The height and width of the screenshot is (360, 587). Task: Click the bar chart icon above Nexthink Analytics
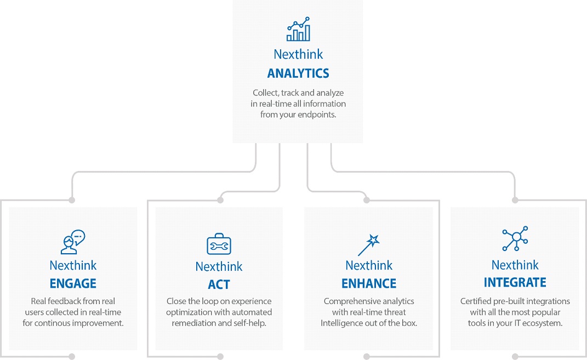(x=298, y=29)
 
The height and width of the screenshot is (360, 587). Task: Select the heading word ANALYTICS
(x=298, y=73)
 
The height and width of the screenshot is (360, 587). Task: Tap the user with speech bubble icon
(x=73, y=242)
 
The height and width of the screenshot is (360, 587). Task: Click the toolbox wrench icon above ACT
(x=219, y=244)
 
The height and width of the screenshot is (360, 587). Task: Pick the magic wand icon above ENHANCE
(x=369, y=245)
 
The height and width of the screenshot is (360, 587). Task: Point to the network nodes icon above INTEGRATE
(x=515, y=238)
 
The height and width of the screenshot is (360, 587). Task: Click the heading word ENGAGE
(x=73, y=283)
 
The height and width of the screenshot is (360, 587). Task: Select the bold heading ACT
(x=219, y=284)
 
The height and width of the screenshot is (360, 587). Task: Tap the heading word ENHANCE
(x=369, y=283)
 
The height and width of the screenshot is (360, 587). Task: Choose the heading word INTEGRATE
(x=515, y=282)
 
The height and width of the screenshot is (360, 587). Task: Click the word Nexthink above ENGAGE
(x=73, y=265)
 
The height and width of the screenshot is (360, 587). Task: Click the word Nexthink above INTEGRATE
(x=515, y=265)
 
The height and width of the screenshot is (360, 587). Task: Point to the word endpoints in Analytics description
(x=316, y=115)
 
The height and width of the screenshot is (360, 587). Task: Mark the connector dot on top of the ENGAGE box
(x=72, y=200)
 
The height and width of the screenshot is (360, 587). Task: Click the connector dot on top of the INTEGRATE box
(x=515, y=200)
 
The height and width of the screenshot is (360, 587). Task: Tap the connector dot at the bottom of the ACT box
(x=220, y=357)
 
